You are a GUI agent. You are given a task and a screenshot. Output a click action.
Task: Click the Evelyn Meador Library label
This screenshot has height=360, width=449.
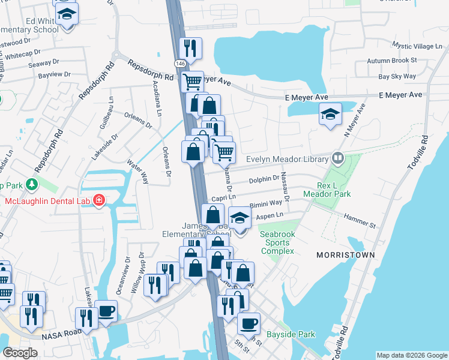point(288,159)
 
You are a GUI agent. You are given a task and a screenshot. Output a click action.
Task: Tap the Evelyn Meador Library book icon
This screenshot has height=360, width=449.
point(337,159)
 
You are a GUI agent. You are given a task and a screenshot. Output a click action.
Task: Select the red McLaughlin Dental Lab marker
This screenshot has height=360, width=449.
point(98,200)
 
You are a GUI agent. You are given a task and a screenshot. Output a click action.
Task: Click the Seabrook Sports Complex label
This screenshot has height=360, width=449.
point(277,242)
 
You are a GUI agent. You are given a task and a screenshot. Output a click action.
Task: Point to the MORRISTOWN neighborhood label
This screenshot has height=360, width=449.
point(346,255)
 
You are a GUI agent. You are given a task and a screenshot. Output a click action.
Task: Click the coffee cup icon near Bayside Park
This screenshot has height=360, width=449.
point(249,323)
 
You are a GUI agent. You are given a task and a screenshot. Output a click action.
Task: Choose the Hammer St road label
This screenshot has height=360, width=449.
point(360,221)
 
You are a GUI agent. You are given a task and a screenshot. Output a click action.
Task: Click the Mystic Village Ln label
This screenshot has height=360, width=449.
point(415,46)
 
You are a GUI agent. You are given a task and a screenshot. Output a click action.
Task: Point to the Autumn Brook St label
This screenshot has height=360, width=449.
point(392,61)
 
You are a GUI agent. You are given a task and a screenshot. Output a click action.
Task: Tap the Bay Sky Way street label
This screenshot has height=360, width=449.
point(397,76)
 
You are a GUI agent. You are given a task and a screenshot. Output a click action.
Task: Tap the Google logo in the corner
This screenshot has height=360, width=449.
point(20,353)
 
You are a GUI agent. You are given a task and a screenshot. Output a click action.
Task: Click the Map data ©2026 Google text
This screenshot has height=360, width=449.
point(411,355)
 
